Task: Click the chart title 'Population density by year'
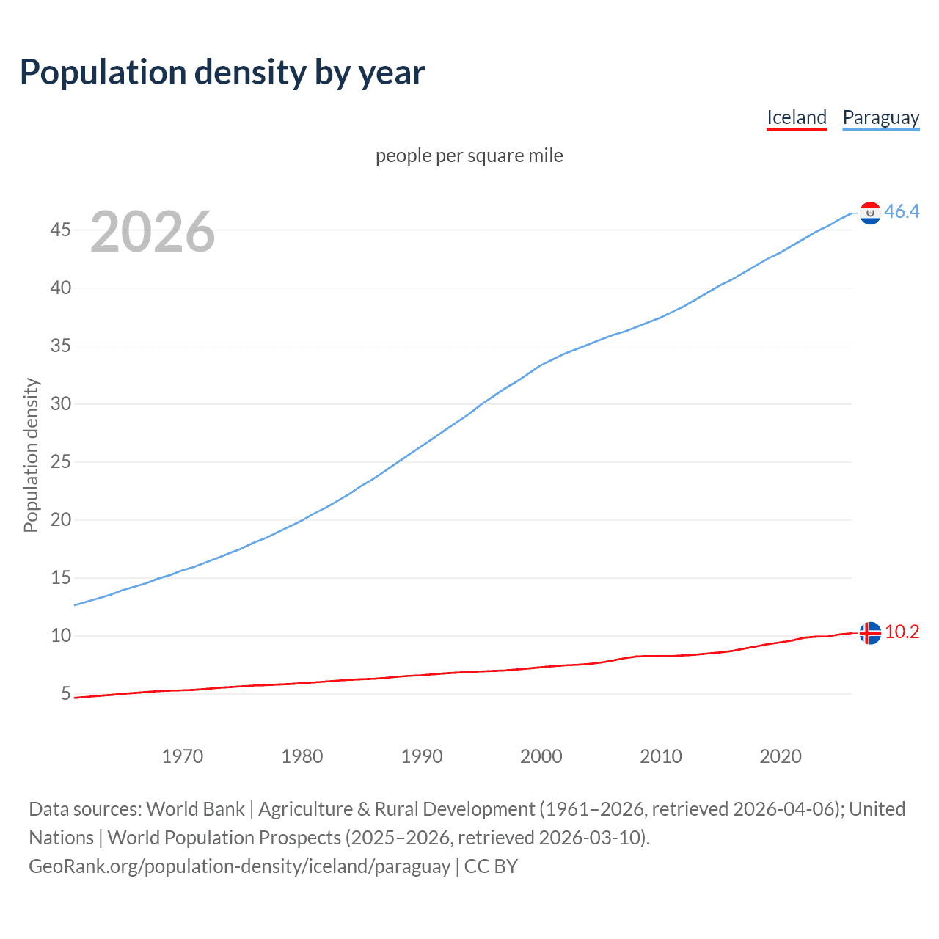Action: coord(222,72)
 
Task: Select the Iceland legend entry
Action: coord(797,117)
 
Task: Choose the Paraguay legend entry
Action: coord(880,117)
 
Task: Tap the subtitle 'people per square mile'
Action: coord(469,156)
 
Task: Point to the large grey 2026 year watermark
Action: coord(153,232)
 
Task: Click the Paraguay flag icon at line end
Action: coord(870,213)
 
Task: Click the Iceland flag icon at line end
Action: coord(870,632)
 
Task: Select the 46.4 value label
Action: coord(902,212)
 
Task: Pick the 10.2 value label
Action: coord(902,632)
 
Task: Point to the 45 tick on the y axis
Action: coord(61,230)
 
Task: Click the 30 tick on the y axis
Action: coord(61,404)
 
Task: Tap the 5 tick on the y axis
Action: coord(66,694)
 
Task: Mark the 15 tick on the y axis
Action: coord(61,578)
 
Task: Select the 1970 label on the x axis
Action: coord(183,756)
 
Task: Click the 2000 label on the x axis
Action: coord(541,756)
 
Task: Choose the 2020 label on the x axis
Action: coord(781,756)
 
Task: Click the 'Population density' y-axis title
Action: coord(31,455)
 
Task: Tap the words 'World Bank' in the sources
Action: coord(195,809)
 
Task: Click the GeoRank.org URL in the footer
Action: coord(239,866)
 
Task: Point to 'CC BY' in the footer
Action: coord(491,866)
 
